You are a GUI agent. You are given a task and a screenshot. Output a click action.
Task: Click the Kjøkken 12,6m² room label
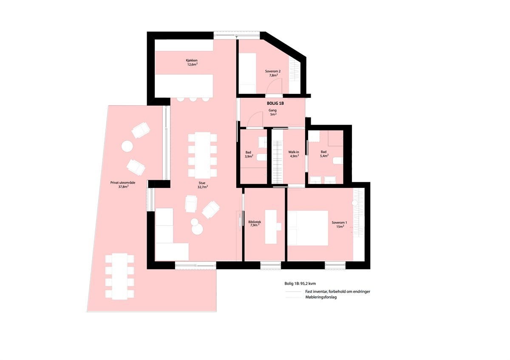pyautogui.click(x=192, y=62)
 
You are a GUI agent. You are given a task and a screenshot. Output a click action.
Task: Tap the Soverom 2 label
pyautogui.click(x=270, y=73)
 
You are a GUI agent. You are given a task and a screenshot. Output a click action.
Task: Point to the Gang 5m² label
pyautogui.click(x=272, y=112)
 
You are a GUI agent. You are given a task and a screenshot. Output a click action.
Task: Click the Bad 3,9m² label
pyautogui.click(x=249, y=154)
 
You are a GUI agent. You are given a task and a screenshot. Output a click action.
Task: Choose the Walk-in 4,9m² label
pyautogui.click(x=294, y=154)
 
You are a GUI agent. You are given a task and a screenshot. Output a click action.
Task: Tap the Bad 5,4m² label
pyautogui.click(x=324, y=153)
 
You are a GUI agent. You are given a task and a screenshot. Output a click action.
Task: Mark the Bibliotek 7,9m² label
pyautogui.click(x=254, y=224)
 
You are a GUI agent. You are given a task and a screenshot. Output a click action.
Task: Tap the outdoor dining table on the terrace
pyautogui.click(x=120, y=276)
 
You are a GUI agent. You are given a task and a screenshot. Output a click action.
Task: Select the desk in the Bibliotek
pyautogui.click(x=271, y=227)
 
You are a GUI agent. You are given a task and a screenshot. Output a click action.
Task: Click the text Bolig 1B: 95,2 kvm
pyautogui.click(x=300, y=283)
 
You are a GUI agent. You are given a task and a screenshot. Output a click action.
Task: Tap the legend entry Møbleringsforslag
pyautogui.click(x=321, y=298)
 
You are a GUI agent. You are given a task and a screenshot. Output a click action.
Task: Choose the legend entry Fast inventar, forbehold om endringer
pyautogui.click(x=337, y=292)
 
